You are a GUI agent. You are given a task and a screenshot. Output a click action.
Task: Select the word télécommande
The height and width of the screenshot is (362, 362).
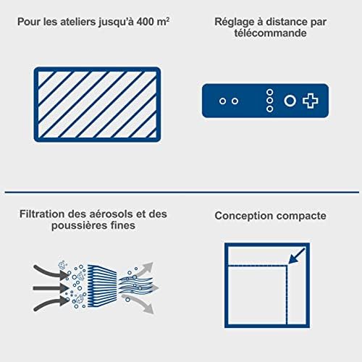pos(271,34)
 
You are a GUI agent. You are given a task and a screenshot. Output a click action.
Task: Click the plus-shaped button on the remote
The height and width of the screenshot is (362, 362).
pos(311,101)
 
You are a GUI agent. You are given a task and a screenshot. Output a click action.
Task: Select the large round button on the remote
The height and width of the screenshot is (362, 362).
pos(290,101)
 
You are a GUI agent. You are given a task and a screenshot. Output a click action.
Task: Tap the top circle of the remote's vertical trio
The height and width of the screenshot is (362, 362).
pos(269,92)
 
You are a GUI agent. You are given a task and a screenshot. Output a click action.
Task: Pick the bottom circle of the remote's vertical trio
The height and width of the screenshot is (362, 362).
pos(269,109)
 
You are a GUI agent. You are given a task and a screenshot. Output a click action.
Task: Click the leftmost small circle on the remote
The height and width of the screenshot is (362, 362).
pos(223,101)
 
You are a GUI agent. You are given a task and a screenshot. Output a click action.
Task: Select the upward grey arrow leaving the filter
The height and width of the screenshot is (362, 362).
pos(145,265)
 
